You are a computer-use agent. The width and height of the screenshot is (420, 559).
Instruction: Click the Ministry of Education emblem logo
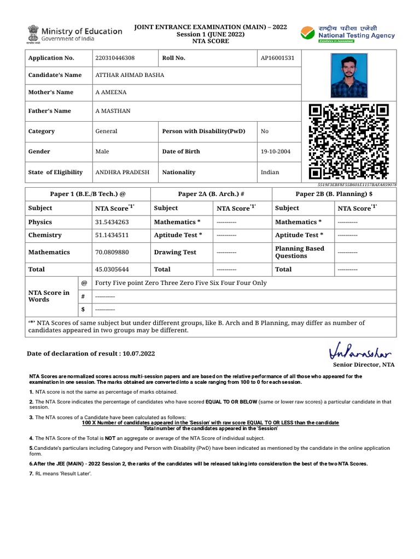(31, 34)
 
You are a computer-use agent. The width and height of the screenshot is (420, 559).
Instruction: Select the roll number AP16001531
(277, 58)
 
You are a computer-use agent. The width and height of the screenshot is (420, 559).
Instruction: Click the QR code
(348, 141)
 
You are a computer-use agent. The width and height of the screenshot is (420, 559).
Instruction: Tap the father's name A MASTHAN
(113, 111)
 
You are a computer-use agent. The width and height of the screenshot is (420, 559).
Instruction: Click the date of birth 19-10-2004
(276, 151)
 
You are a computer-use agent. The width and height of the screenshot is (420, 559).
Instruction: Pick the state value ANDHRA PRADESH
(122, 172)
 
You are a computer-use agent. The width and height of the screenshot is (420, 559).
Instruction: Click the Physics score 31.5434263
(112, 222)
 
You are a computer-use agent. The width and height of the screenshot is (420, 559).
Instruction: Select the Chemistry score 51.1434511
(112, 235)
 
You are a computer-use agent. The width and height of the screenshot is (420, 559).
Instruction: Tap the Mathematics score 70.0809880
(112, 252)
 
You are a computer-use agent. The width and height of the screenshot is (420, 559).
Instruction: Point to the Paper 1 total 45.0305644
(112, 269)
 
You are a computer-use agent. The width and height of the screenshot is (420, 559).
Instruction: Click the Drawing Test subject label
(175, 252)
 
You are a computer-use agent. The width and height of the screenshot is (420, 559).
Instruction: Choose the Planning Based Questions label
(300, 252)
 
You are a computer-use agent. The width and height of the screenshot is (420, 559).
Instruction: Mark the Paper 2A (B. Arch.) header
(211, 194)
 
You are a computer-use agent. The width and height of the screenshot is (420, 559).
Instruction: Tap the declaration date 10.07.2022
(139, 354)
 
